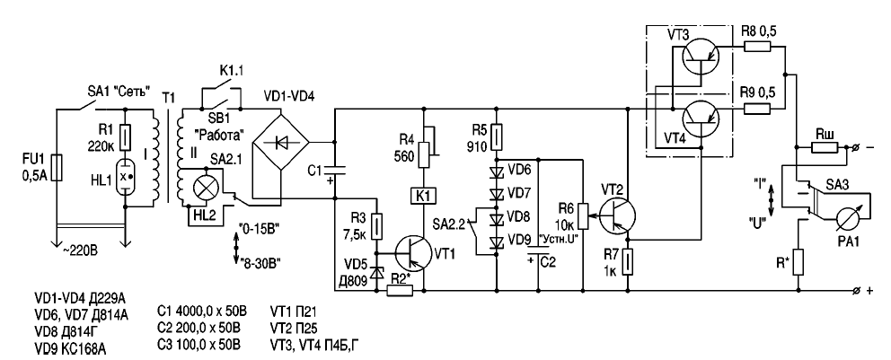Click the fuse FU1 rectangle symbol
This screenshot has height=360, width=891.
pos(56,167)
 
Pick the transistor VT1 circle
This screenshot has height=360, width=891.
pos(413,248)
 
